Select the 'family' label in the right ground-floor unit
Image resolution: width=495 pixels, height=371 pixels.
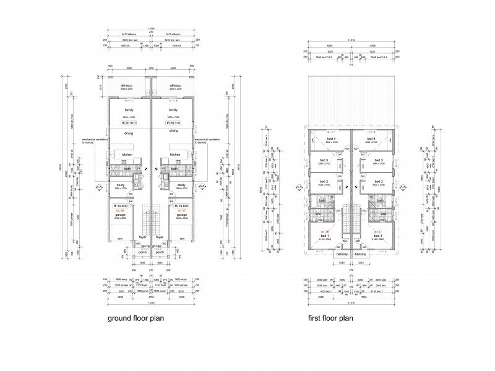tap(174, 109)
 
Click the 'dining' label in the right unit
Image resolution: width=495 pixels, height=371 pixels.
tap(174, 131)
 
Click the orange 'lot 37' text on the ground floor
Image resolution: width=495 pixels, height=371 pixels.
tap(182, 211)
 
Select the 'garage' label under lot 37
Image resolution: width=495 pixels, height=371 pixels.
tap(182, 215)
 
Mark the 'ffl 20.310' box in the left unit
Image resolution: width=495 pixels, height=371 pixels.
tap(129, 123)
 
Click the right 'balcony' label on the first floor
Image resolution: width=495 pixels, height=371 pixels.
tap(361, 254)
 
